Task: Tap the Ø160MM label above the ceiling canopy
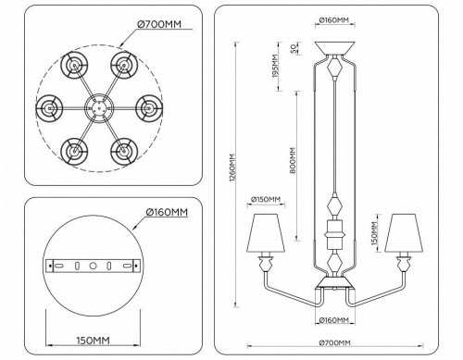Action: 333,18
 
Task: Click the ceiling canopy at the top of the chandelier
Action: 333,49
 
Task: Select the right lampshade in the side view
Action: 402,233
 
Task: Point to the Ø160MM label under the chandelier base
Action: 333,320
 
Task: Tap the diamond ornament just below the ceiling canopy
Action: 333,70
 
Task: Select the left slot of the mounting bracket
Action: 59,266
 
